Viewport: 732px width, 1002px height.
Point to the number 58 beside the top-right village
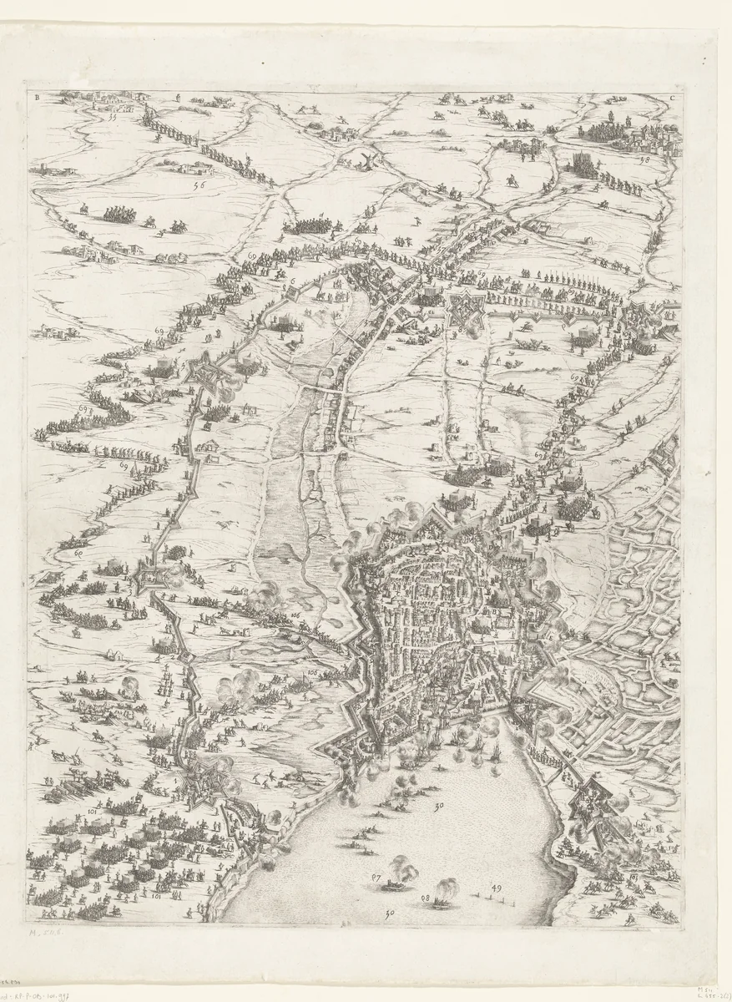point(643,161)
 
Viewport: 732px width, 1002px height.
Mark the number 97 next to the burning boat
point(377,878)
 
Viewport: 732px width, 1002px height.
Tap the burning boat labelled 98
point(441,893)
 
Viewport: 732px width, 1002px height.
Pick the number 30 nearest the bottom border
point(388,914)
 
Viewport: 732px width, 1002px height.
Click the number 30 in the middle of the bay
point(439,807)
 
